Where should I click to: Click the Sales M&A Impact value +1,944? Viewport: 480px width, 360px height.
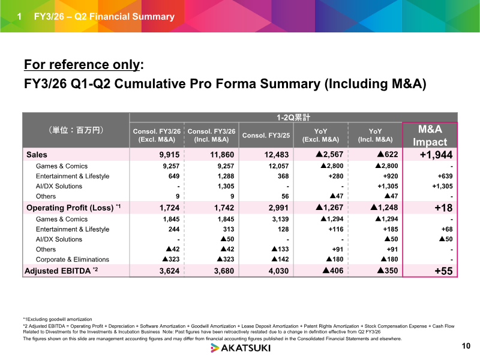point(436,155)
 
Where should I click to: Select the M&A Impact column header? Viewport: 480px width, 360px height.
point(430,136)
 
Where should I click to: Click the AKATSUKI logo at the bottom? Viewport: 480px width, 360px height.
point(241,348)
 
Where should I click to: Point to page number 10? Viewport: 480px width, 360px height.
point(466,346)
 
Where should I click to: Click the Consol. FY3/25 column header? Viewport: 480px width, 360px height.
point(266,136)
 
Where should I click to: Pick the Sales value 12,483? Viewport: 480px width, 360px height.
point(277,155)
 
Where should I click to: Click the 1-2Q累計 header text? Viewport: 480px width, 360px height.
point(293,118)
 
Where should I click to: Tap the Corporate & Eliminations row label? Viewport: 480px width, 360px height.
point(72,260)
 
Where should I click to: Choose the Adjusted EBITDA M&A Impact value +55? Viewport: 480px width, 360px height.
point(443,271)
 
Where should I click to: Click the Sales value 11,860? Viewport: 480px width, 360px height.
point(222,155)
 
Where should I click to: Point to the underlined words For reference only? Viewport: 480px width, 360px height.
point(82,65)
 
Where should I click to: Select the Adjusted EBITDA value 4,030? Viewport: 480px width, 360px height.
point(278,271)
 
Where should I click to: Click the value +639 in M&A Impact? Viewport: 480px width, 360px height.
point(445,176)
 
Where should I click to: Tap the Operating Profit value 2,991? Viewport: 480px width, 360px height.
point(278,208)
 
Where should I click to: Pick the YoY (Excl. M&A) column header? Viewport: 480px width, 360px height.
point(320,136)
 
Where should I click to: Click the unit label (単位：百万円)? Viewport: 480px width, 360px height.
point(76,130)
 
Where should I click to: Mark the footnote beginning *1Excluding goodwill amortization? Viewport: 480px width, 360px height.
point(58,319)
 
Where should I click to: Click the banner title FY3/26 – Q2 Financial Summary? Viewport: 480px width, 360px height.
point(104,16)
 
